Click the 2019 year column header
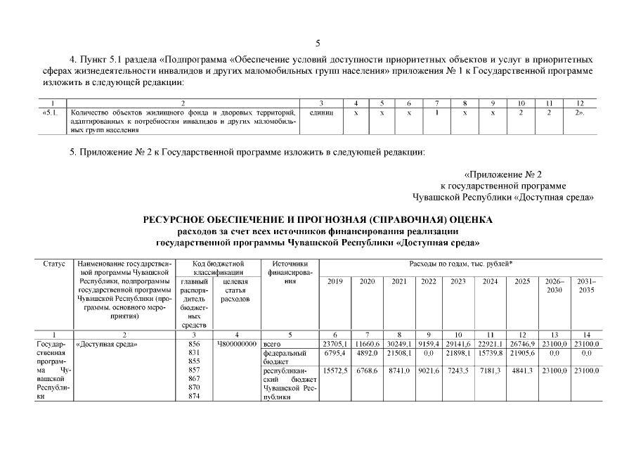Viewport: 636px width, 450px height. (335, 281)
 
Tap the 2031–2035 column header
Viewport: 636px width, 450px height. (586, 285)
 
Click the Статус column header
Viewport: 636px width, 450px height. (54, 264)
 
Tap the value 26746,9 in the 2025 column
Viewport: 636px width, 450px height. (521, 344)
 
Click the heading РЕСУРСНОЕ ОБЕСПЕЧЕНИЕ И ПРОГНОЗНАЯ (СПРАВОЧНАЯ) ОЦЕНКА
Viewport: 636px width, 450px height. (318, 220)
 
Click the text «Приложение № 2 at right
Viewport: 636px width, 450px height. (503, 173)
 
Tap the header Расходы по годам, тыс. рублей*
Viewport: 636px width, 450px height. (460, 264)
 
